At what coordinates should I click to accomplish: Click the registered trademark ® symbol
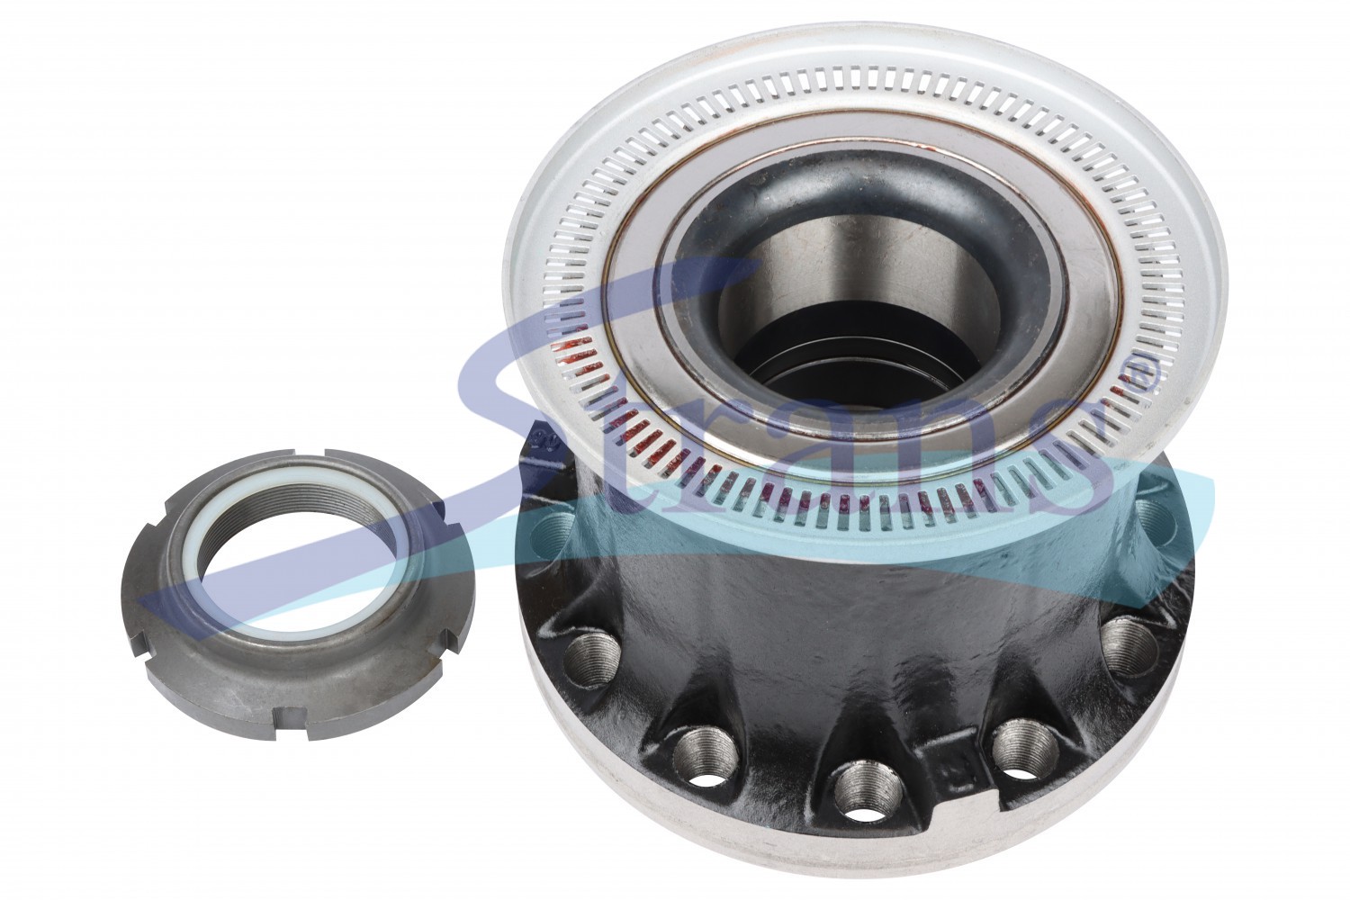(x=1143, y=373)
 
